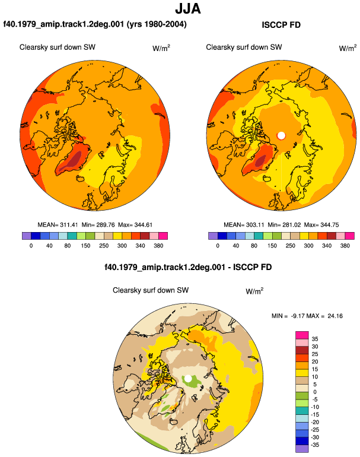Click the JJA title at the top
[x=188, y=9]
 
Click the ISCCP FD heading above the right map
[x=281, y=25]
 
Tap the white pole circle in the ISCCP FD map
[x=281, y=135]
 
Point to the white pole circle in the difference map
[x=188, y=378]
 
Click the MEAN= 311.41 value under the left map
[x=58, y=225]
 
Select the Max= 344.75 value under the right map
[x=321, y=225]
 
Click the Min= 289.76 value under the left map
[x=98, y=225]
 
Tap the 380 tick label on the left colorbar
[x=158, y=246]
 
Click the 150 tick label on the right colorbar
[x=272, y=246]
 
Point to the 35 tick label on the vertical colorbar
[x=315, y=339]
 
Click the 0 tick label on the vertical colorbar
[x=315, y=392]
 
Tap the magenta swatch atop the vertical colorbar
[x=302, y=335]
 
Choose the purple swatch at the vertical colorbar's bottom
[x=302, y=449]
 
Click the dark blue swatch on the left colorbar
[x=36, y=236]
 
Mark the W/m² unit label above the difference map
[x=254, y=291]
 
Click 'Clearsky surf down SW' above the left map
[x=58, y=47]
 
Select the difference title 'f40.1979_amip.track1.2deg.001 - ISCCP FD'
[x=188, y=267]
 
